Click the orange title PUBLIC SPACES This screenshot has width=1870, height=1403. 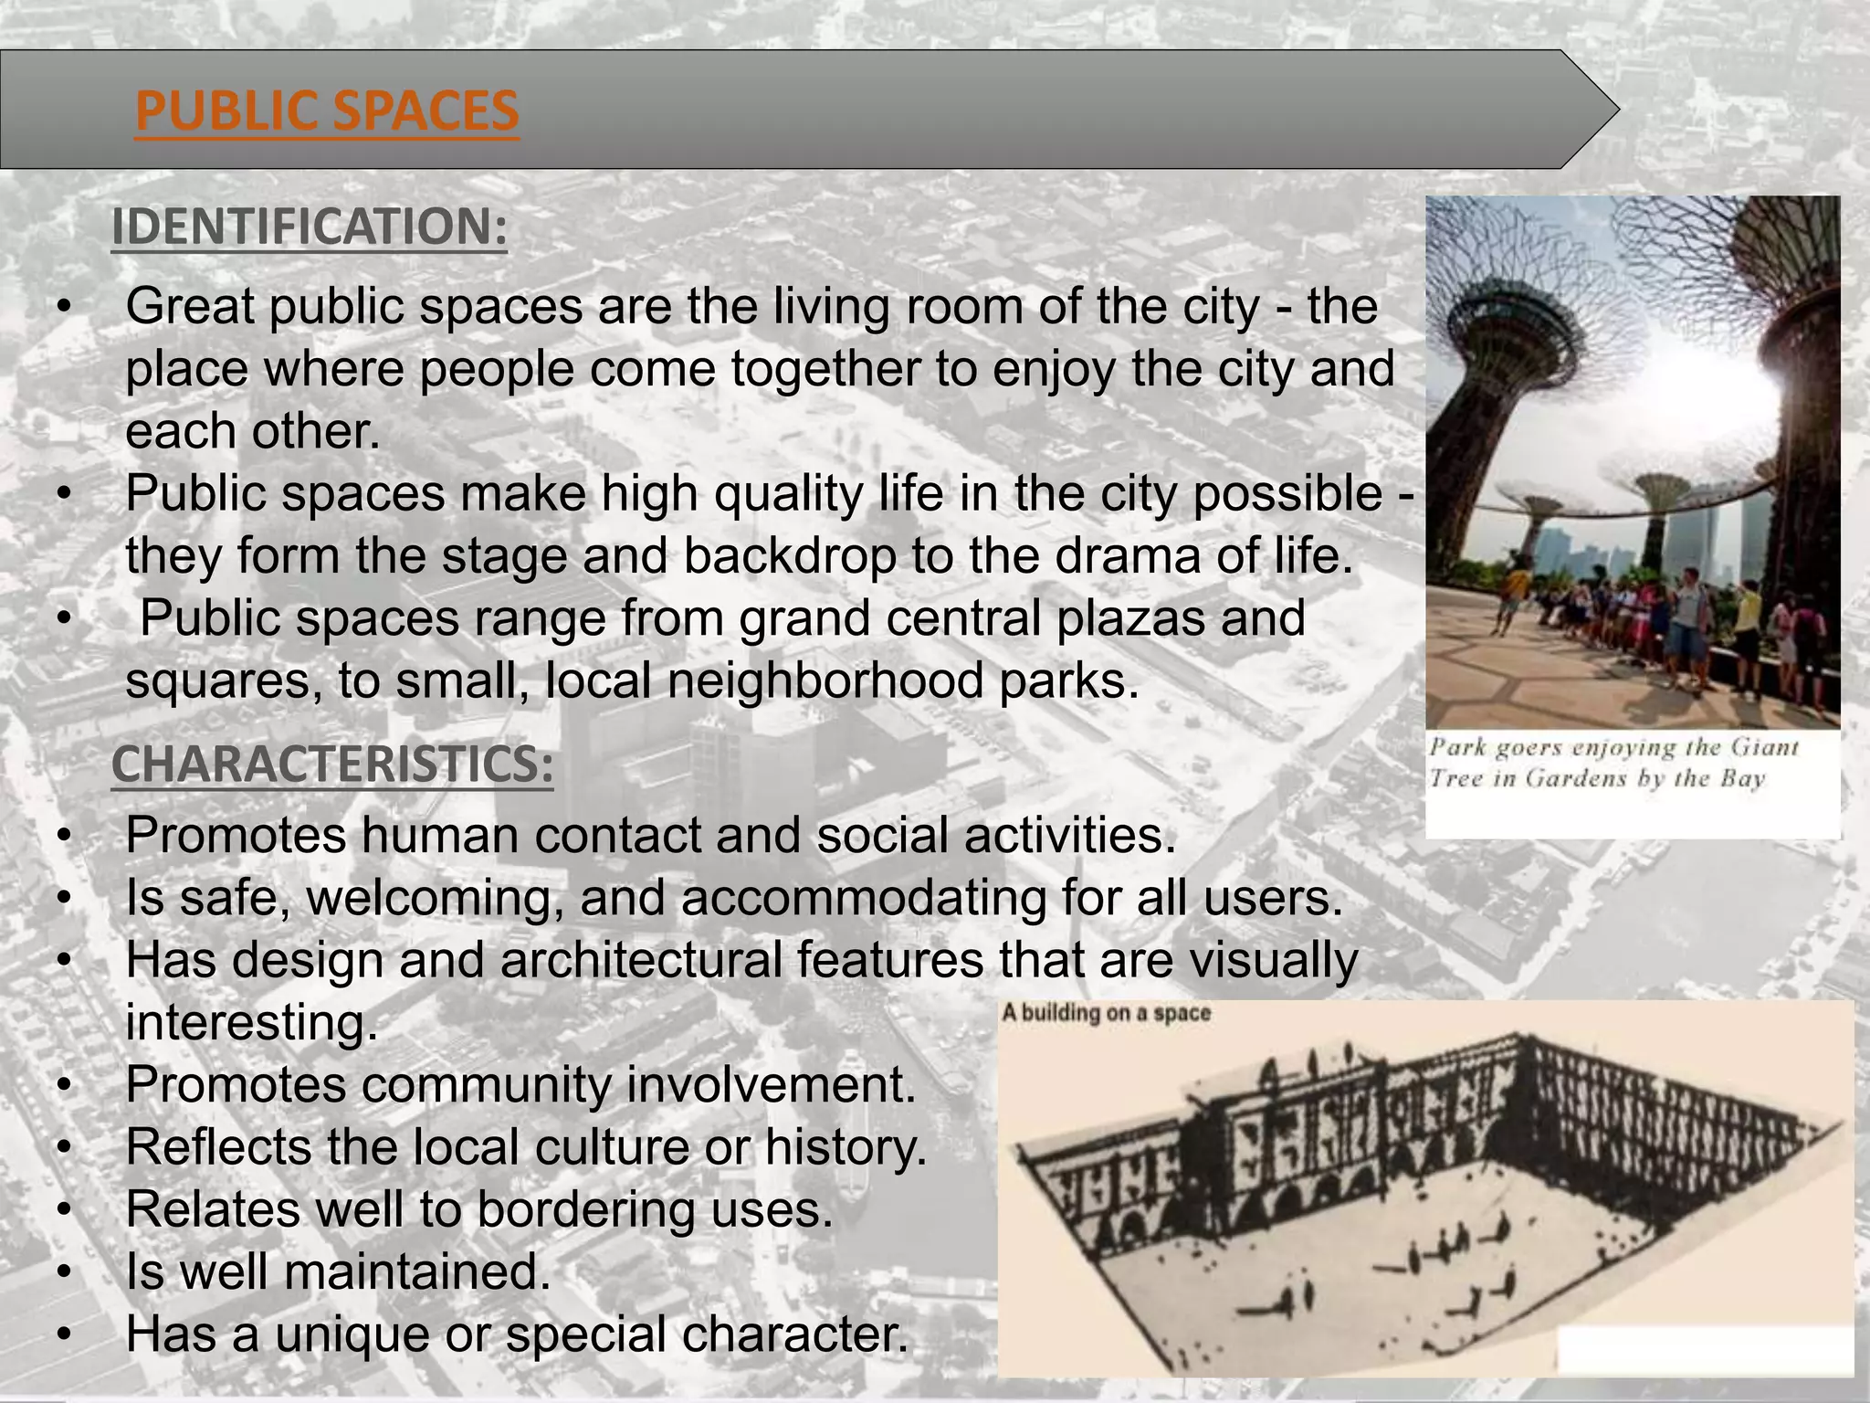[x=327, y=111]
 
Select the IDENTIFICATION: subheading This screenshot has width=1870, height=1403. [x=309, y=227]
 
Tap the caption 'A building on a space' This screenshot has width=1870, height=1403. [x=1107, y=1013]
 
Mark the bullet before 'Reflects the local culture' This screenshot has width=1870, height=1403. [x=62, y=1148]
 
